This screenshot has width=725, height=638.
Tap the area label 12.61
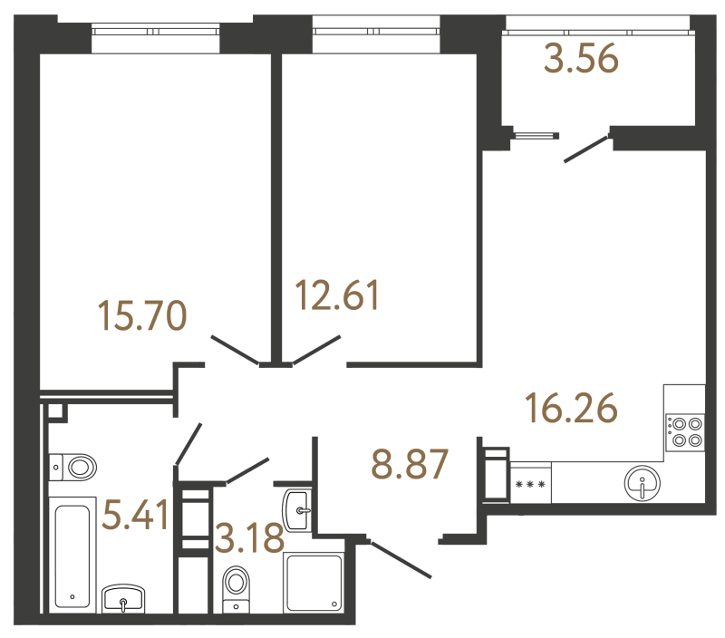click(x=337, y=296)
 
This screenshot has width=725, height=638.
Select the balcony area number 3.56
click(x=581, y=60)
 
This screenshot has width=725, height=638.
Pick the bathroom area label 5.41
click(x=136, y=517)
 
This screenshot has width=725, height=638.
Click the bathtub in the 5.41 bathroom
click(x=73, y=553)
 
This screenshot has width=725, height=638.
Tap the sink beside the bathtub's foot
click(x=124, y=598)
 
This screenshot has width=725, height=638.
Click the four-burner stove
click(x=684, y=430)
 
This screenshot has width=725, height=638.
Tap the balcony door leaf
click(x=585, y=149)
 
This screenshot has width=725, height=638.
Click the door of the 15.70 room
click(x=235, y=350)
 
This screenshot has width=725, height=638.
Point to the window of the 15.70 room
click(x=156, y=31)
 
